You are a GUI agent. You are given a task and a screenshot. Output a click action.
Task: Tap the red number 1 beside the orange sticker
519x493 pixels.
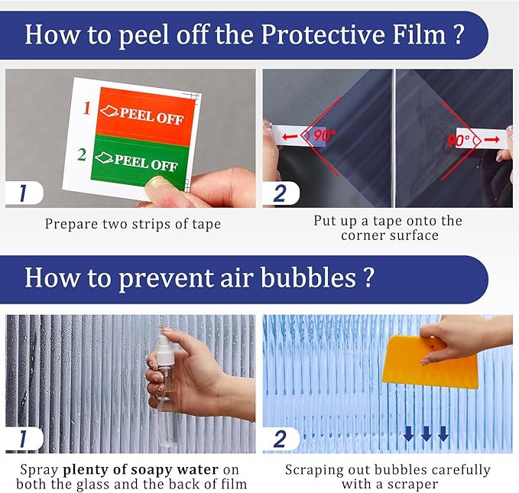86,108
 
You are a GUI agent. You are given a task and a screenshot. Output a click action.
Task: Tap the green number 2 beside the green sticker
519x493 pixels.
82,154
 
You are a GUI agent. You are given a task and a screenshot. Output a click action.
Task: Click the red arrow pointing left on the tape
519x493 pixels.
290,136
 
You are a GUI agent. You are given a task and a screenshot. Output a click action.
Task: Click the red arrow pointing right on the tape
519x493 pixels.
491,140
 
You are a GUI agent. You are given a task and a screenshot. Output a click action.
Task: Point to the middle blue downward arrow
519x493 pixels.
426,433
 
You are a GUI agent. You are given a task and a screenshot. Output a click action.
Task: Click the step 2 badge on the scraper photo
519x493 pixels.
281,439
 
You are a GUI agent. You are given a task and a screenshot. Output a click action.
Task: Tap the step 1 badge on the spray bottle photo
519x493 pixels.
24,439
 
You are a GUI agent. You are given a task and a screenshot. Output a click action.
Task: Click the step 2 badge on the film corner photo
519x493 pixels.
281,193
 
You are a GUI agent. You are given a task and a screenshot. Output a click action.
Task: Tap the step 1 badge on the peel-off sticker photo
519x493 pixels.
24,193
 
